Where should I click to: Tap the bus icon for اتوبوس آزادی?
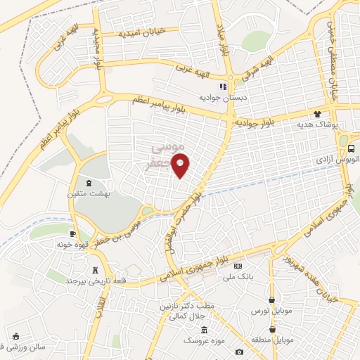pos(351,149)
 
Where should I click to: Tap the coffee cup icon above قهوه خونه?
pos(72,233)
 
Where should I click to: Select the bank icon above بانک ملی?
pos(238,266)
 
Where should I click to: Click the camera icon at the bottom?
pos(240,352)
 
